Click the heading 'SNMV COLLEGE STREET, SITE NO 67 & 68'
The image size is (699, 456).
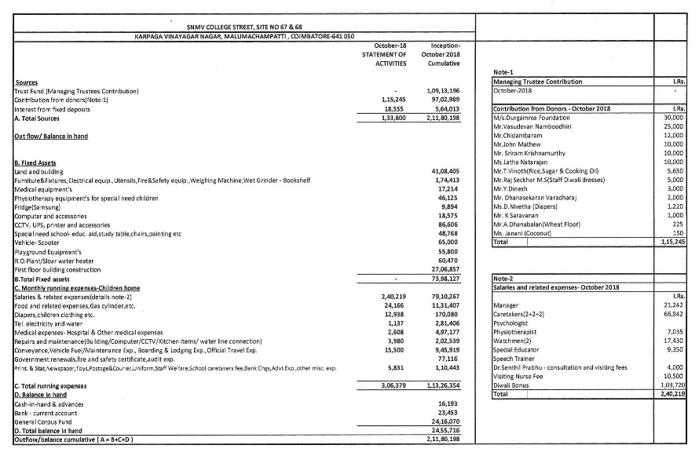244,27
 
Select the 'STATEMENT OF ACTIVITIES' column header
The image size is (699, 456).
384,55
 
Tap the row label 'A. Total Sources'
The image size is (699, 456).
38,119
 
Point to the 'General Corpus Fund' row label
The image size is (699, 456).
45,421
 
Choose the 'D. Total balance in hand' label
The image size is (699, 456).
49,431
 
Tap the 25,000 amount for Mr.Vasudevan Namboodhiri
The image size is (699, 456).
673,126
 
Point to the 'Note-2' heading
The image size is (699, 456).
503,278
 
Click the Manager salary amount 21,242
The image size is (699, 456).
673,305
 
